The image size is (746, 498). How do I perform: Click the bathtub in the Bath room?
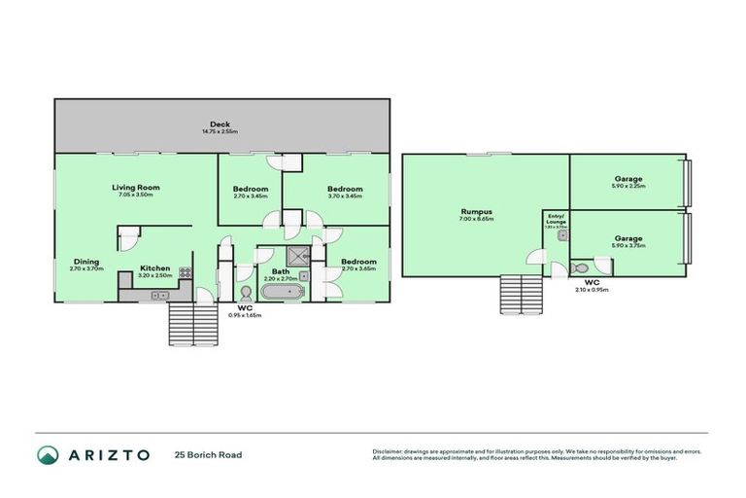282,292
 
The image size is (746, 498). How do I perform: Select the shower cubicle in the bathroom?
304,257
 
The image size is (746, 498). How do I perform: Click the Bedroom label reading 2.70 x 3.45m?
250,192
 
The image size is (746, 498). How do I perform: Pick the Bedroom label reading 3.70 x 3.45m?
345,192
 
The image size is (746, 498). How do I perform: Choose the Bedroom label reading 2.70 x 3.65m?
358,265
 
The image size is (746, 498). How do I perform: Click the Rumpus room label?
478,215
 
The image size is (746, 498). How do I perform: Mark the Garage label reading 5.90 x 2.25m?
629,182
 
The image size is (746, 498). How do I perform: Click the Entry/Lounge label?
556,221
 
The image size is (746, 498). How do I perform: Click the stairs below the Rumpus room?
522,290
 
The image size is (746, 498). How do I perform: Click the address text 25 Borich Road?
208,454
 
